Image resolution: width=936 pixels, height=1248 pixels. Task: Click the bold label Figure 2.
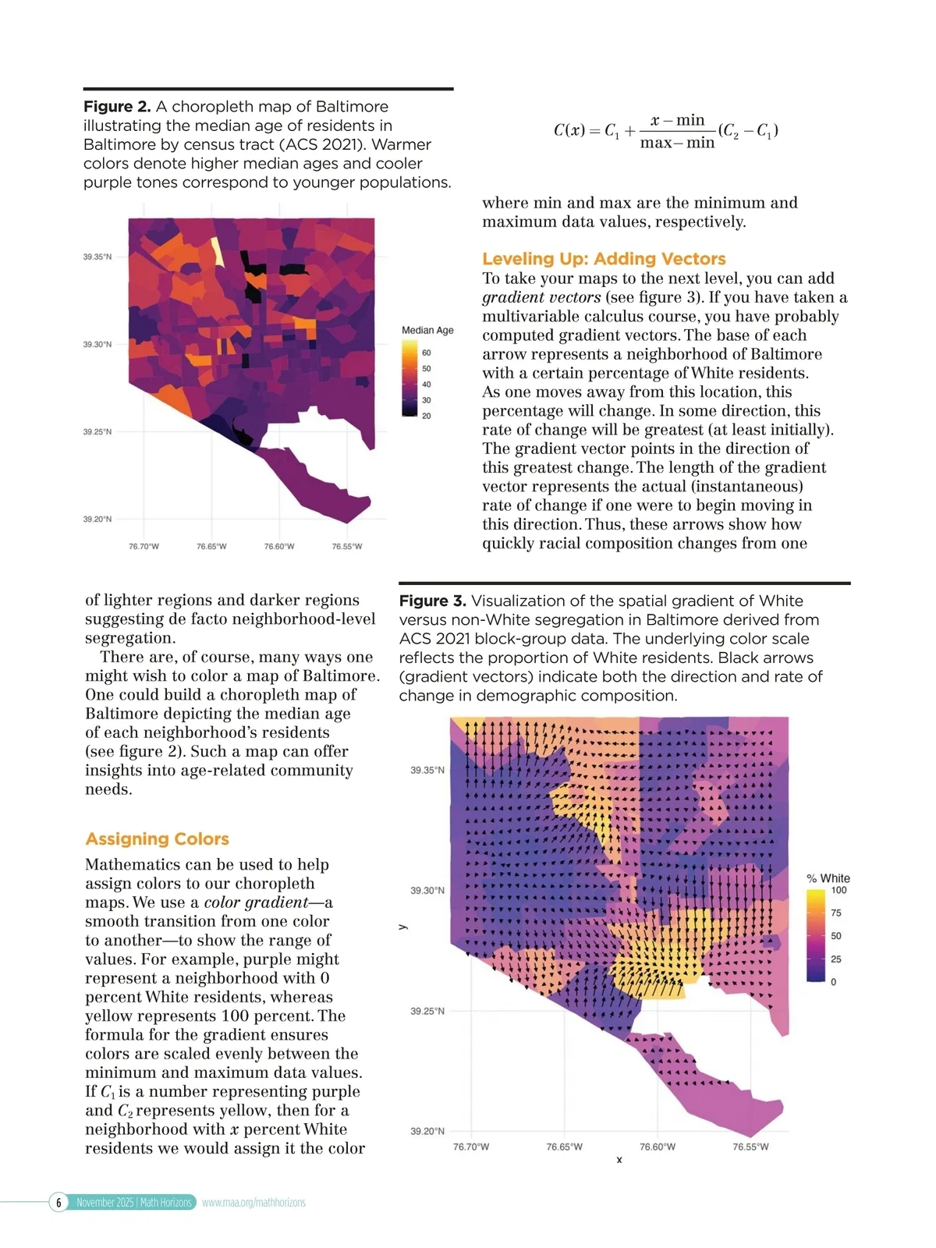click(117, 107)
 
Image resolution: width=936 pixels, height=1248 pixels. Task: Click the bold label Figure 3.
click(432, 601)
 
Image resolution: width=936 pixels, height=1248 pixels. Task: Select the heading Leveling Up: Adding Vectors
click(604, 259)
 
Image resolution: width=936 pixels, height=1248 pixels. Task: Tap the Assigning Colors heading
click(157, 839)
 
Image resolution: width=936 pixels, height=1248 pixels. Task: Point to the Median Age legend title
click(427, 331)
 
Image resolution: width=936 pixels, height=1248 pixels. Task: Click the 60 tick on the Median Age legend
click(427, 353)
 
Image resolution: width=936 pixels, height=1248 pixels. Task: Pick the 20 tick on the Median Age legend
click(427, 417)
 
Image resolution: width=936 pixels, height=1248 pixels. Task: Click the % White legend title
click(828, 878)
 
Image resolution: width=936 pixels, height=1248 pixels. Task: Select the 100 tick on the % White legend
click(838, 891)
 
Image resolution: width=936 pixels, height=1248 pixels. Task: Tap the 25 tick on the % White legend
click(836, 959)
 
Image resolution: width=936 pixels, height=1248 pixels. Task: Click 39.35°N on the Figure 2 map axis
click(97, 257)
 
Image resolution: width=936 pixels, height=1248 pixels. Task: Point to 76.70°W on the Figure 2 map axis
click(144, 547)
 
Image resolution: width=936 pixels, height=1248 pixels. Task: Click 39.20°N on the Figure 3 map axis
click(427, 1132)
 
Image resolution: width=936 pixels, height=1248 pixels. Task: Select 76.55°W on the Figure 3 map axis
click(750, 1147)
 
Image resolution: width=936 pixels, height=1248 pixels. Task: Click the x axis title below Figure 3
click(619, 1161)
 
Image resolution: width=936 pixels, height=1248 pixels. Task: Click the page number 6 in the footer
click(58, 1203)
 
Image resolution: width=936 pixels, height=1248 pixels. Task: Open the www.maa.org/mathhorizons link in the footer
click(253, 1203)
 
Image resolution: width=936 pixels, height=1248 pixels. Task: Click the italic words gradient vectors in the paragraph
click(541, 298)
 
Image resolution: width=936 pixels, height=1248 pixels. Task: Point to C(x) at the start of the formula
click(569, 130)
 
